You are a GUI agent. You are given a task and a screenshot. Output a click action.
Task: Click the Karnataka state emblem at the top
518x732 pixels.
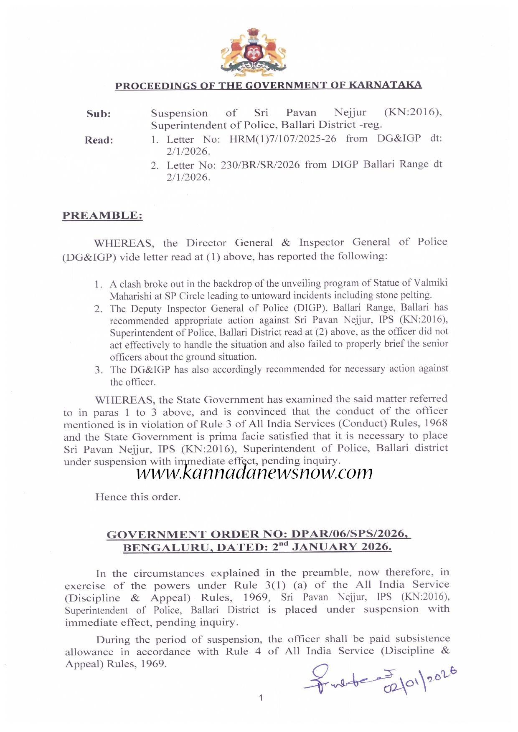253,52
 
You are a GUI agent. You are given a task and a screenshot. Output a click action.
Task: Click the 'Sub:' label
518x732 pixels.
99,114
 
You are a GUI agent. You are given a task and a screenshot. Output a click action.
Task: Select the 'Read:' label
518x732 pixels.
99,140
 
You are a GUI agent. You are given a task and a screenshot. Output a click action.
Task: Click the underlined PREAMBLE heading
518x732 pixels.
102,216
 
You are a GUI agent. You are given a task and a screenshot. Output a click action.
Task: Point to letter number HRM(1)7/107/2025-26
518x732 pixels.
283,139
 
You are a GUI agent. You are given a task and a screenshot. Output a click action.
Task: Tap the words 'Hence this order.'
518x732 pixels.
138,497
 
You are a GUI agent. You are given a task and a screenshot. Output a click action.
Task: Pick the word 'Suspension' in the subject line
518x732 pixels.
179,113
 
